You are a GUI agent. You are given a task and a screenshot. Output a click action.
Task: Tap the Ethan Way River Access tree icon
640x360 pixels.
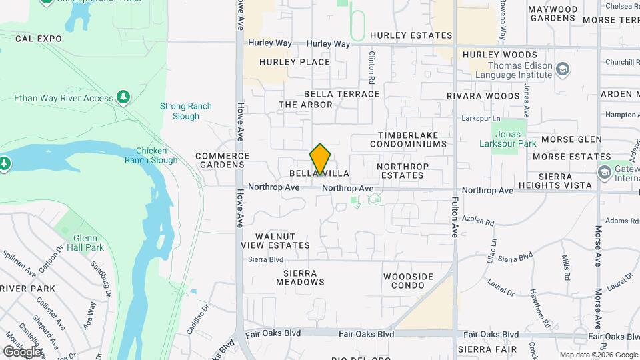click(123, 99)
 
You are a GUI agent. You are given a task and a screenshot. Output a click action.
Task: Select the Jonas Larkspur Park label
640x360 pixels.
click(507, 138)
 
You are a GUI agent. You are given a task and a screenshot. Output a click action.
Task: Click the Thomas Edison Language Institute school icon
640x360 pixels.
click(563, 69)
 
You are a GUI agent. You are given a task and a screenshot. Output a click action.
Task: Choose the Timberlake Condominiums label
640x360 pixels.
click(407, 139)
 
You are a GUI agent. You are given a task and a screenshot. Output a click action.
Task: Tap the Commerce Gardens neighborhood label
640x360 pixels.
click(222, 160)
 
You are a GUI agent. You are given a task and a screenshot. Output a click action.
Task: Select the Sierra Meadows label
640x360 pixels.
click(300, 277)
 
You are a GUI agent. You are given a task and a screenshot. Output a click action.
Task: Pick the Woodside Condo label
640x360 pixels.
click(408, 281)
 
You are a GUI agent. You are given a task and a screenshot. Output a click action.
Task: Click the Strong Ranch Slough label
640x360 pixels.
click(185, 111)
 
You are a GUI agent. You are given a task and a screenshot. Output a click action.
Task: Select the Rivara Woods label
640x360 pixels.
click(483, 96)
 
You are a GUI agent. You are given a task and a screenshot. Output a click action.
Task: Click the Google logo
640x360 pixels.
click(22, 351)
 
